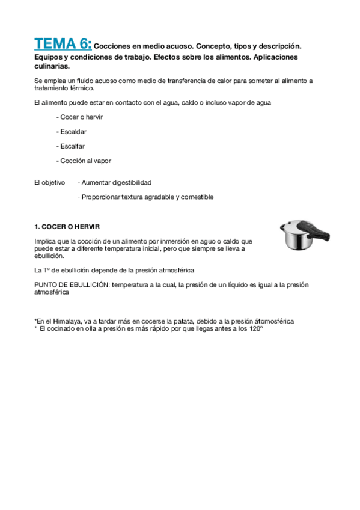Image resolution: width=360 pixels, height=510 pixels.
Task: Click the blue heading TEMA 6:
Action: click(63, 43)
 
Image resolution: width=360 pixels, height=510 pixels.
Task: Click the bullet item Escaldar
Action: click(72, 131)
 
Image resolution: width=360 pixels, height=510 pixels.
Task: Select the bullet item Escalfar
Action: click(72, 146)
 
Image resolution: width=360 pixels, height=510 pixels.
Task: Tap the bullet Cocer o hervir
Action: click(79, 117)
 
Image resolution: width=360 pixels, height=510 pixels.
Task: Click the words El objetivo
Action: click(50, 182)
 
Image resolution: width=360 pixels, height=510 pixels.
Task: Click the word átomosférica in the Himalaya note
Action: click(273, 321)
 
